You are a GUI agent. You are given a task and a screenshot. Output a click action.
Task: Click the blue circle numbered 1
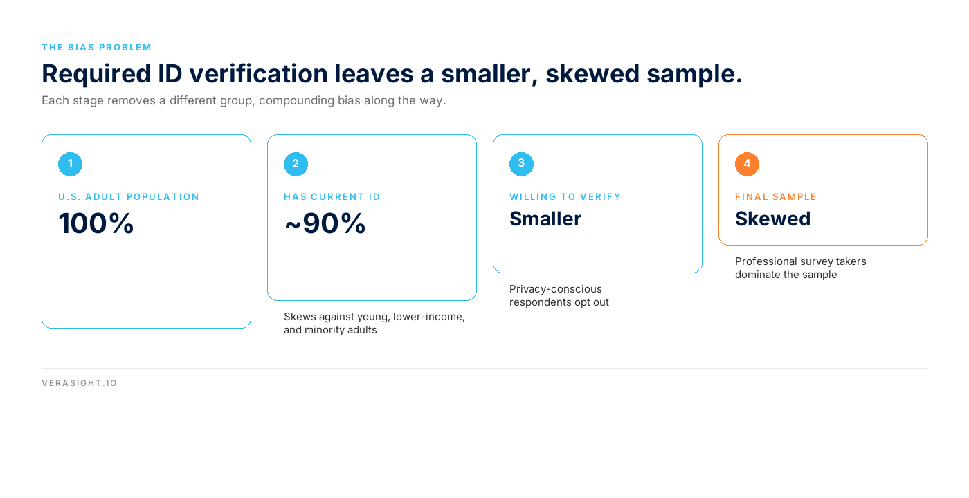[70, 165]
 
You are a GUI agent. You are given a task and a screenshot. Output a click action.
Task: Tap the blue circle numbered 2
[296, 165]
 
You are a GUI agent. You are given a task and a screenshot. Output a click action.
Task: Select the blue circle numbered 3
[521, 165]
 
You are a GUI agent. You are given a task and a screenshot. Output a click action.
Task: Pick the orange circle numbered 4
[747, 165]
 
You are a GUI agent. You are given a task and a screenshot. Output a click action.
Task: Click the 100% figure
[96, 223]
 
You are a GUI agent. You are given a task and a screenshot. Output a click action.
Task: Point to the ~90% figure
[325, 223]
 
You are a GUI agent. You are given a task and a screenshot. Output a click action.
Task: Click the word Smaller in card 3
[545, 219]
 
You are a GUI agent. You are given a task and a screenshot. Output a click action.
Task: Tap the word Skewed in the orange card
[773, 219]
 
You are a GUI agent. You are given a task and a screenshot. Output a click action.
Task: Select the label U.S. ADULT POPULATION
[129, 196]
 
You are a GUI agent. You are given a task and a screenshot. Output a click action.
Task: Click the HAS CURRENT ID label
[332, 196]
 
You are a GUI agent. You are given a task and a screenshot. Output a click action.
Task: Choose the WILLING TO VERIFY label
[565, 196]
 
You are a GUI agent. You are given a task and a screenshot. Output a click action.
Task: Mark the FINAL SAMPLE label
[776, 196]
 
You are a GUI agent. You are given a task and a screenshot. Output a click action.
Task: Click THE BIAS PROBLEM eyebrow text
[96, 48]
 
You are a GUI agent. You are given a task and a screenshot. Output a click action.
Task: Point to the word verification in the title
[258, 73]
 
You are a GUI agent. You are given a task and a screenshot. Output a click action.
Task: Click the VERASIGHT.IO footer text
[79, 383]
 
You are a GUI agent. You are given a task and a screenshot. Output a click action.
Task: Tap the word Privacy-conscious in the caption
[555, 289]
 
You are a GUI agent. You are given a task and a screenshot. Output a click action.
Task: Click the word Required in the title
[96, 75]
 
